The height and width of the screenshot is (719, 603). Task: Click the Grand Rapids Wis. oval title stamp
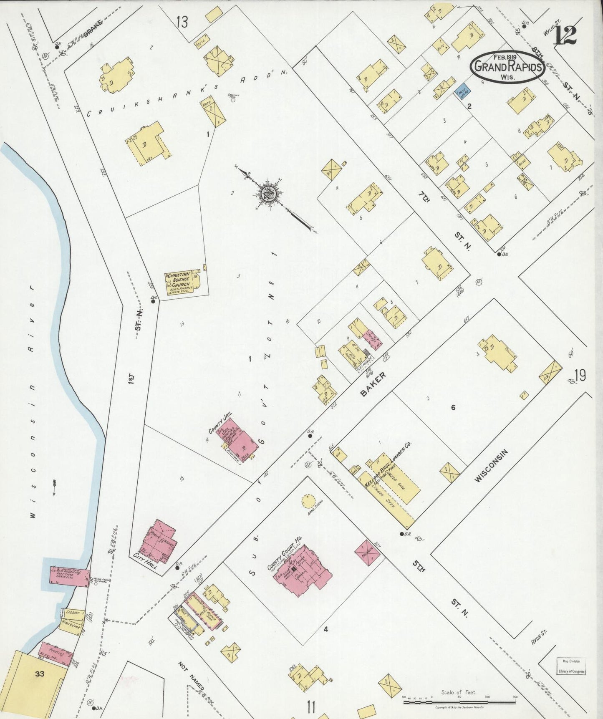[507, 67]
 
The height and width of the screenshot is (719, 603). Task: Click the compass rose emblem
[267, 194]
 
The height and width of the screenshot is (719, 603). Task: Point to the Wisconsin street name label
[491, 466]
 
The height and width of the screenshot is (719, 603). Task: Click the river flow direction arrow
[54, 487]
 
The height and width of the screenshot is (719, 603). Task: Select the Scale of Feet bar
[459, 702]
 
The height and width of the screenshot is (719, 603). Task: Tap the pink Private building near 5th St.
[368, 553]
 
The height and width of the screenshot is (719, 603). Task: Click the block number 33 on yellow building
[40, 673]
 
